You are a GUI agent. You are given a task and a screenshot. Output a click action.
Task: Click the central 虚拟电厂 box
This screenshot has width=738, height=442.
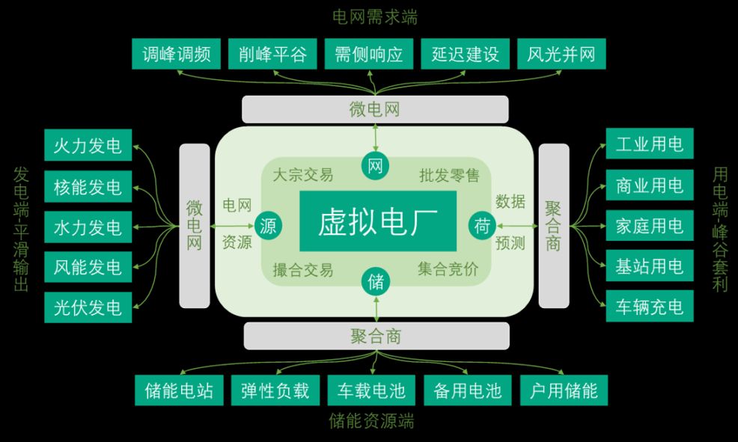[377, 221]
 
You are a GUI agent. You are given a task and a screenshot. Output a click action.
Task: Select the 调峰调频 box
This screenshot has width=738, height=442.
[176, 54]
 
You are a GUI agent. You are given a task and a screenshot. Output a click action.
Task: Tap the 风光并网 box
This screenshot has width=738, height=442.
[561, 54]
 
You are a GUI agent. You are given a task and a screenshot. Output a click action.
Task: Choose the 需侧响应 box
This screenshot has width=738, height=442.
[368, 54]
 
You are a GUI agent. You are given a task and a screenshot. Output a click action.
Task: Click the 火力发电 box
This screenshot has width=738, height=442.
[88, 144]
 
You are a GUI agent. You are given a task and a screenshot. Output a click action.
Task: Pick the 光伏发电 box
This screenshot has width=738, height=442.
[88, 307]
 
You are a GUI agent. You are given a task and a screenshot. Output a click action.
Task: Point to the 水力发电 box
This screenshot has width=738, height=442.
[88, 226]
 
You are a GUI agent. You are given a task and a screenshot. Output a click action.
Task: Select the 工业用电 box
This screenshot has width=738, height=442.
[649, 144]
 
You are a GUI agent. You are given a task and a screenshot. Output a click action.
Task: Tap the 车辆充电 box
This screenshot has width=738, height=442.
[649, 307]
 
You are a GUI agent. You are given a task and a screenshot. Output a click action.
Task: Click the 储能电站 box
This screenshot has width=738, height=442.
[179, 390]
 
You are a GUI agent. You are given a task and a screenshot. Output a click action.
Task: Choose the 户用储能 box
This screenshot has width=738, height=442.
[564, 390]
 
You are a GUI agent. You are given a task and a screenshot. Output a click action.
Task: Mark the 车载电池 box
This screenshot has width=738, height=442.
[371, 390]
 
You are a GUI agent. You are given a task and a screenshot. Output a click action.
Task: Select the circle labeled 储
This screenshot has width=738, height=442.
[376, 282]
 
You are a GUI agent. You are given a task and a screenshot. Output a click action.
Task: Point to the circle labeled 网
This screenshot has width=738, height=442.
[376, 166]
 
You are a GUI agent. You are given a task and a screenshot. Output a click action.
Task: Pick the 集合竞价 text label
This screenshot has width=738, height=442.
[448, 270]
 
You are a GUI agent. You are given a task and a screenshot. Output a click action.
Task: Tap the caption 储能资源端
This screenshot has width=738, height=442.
[371, 421]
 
